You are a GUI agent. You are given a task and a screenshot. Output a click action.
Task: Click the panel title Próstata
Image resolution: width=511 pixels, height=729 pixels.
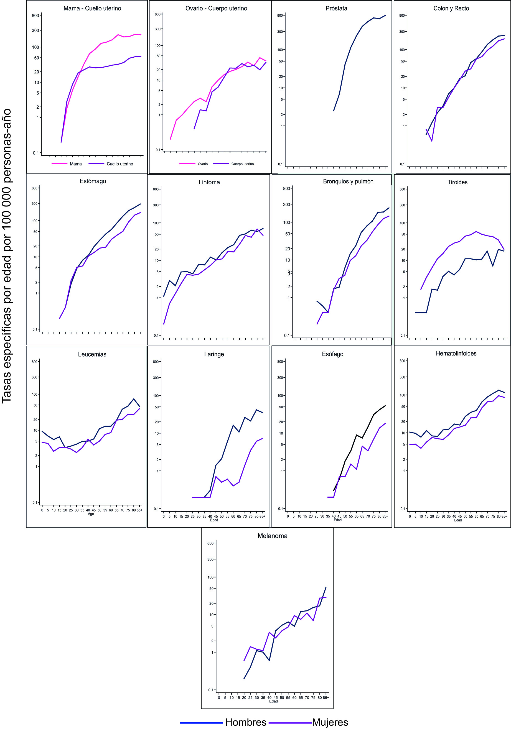click(x=336, y=9)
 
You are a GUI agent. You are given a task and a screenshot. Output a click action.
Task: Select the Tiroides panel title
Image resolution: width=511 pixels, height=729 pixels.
click(x=457, y=182)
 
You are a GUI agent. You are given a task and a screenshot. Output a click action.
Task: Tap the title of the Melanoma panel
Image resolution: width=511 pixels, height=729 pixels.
click(x=272, y=536)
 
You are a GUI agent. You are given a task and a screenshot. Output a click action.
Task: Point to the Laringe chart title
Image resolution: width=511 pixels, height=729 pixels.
click(x=214, y=354)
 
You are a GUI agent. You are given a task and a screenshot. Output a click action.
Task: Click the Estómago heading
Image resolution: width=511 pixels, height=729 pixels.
click(x=93, y=181)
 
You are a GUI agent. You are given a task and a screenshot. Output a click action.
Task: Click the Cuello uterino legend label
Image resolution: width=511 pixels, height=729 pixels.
click(x=120, y=164)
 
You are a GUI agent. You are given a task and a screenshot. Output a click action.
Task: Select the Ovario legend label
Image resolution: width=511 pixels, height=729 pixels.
click(x=203, y=164)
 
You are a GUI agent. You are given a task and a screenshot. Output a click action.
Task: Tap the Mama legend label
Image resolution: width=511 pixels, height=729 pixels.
click(x=76, y=164)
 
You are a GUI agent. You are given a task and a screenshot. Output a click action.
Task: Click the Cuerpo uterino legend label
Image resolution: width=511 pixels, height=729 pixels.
click(x=243, y=164)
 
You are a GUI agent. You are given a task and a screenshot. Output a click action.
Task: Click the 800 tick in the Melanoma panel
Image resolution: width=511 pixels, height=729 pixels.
click(x=210, y=543)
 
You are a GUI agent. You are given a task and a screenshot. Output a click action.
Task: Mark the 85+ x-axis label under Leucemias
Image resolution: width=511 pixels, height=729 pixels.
click(x=139, y=510)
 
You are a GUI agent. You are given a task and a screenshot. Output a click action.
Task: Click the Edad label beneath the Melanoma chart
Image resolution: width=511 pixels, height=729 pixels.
click(x=273, y=701)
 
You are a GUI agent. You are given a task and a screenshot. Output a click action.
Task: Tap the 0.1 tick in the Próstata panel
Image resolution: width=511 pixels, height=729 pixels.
click(x=280, y=164)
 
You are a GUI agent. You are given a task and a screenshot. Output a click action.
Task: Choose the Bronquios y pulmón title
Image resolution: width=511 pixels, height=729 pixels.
click(x=348, y=181)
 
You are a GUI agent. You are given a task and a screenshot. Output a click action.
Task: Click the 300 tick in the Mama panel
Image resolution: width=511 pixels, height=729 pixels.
click(x=35, y=30)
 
